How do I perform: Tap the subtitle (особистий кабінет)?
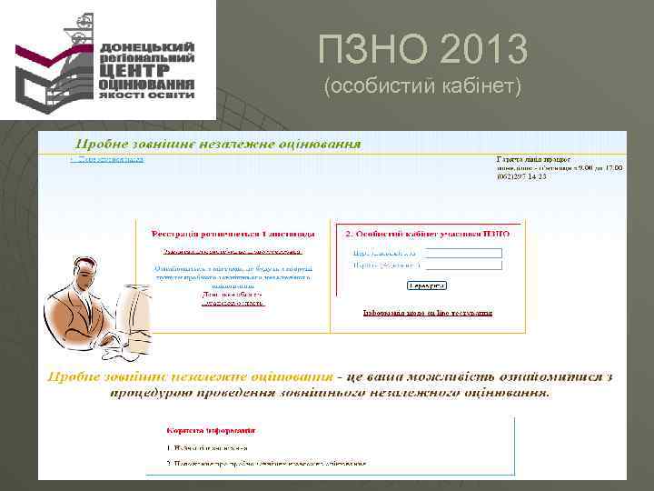(x=422, y=87)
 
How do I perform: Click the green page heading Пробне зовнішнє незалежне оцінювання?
(x=217, y=144)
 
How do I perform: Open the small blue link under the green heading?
(x=108, y=159)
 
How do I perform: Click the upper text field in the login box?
(x=463, y=253)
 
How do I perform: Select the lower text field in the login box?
(x=463, y=266)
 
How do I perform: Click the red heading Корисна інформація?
(x=211, y=430)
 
